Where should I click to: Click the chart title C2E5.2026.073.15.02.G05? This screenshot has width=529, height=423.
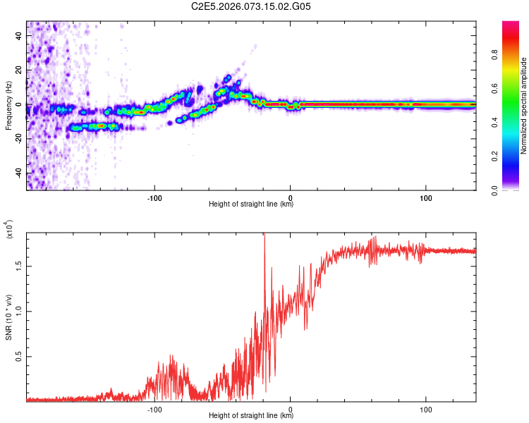click(251, 6)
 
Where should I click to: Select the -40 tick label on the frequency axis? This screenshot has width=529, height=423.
click(18, 173)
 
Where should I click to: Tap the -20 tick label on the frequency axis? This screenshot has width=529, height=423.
click(18, 138)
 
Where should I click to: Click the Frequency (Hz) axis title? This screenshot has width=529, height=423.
click(8, 106)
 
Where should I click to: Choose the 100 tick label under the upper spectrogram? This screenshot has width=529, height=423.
click(426, 197)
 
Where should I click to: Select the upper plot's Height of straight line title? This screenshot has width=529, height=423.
click(251, 204)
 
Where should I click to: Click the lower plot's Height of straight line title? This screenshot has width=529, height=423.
click(251, 416)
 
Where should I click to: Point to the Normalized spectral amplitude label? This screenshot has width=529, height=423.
click(523, 106)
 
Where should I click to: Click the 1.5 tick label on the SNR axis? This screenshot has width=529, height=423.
click(20, 266)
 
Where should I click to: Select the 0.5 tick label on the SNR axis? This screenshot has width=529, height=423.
click(20, 357)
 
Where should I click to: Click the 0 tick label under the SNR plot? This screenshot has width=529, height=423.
click(290, 409)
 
